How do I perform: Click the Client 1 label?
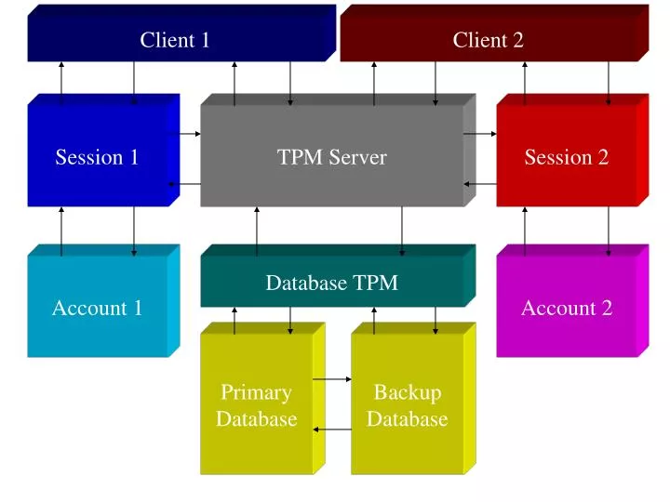pos(175,40)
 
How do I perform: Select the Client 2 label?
pos(488,40)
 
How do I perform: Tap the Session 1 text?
pos(97,157)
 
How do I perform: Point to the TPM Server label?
pos(331,157)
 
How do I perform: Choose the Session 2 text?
pos(566,157)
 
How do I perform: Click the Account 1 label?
pos(97,308)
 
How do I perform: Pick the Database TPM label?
pos(331,283)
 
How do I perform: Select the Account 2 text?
pos(566,308)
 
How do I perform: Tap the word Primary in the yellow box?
pos(256,392)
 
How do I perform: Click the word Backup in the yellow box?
pos(407,392)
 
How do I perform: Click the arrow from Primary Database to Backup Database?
pos(332,379)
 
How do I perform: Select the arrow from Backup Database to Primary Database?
pos(332,429)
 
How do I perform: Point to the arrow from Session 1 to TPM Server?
pos(190,134)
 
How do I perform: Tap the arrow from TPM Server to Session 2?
pos(480,134)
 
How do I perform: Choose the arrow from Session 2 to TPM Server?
pos(480,184)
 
